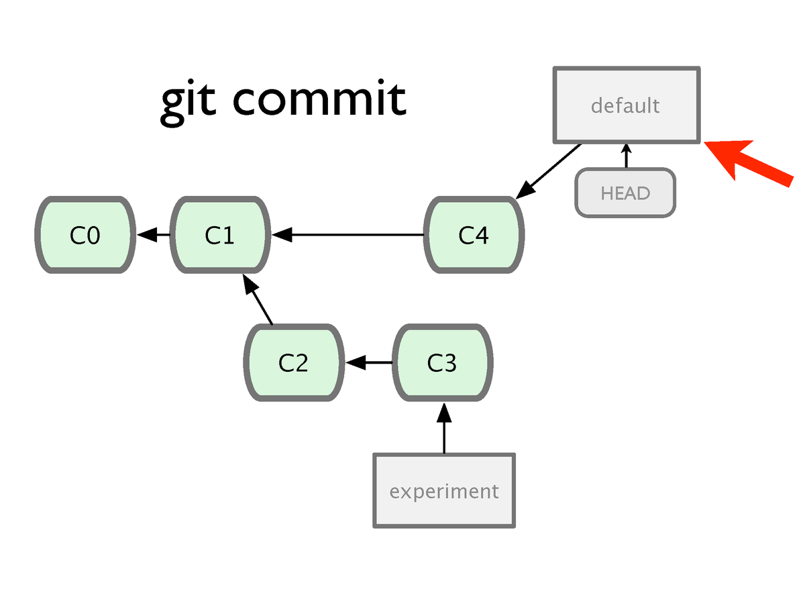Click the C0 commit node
85,235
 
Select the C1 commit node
220,235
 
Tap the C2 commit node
294,362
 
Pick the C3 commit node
442,362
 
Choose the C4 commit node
474,235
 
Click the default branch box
627,105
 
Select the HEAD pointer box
625,193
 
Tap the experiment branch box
444,491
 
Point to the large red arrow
748,162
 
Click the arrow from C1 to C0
154,235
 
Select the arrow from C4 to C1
347,235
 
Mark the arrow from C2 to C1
258,299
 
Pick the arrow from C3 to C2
369,362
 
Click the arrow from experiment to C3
444,428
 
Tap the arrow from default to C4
548,172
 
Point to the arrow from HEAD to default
627,156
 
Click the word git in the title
188,103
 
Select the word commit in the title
319,98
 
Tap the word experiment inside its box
444,491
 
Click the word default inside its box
625,105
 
